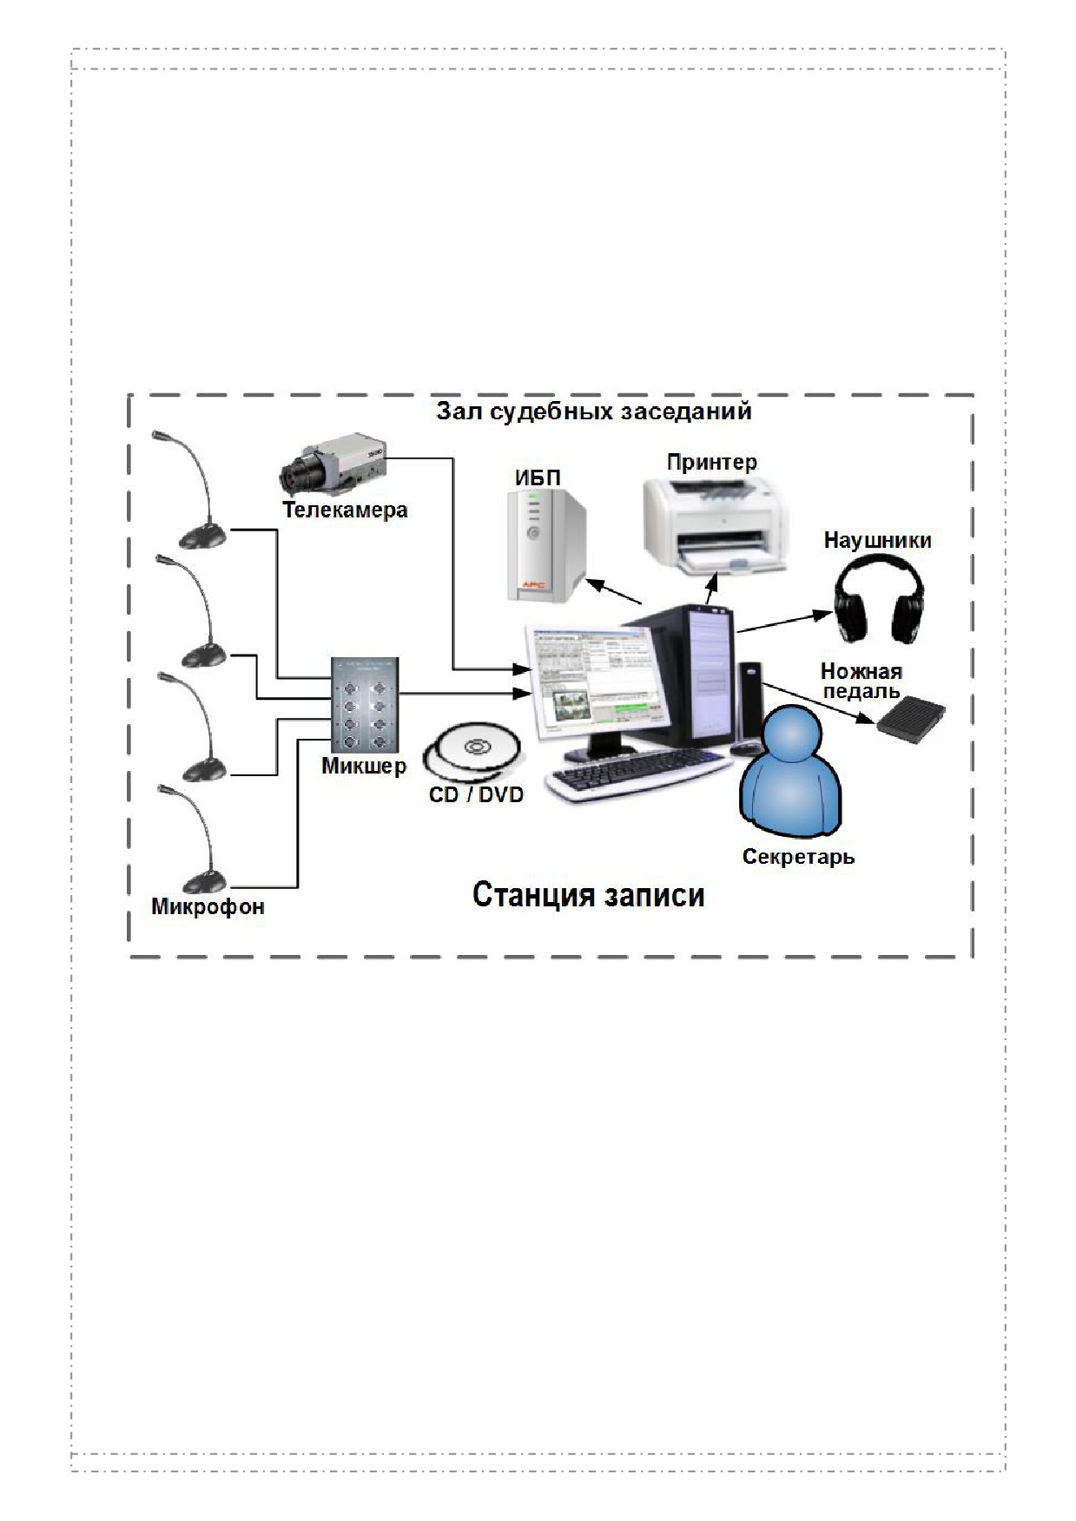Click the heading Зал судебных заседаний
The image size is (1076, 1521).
tap(593, 411)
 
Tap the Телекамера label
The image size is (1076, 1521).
tap(345, 510)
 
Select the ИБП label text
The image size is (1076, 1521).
tap(538, 477)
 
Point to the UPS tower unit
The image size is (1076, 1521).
tap(546, 545)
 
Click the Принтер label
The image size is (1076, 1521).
tap(711, 462)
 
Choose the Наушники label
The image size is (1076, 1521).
tap(877, 540)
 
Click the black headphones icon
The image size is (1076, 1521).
tap(879, 599)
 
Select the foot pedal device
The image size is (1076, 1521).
tap(910, 718)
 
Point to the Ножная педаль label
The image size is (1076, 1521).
tap(861, 681)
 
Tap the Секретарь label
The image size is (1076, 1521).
tap(798, 857)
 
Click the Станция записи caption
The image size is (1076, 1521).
tap(588, 894)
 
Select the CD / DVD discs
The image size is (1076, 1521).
tap(473, 752)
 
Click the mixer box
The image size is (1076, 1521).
tap(366, 706)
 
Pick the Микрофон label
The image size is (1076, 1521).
tap(208, 907)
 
